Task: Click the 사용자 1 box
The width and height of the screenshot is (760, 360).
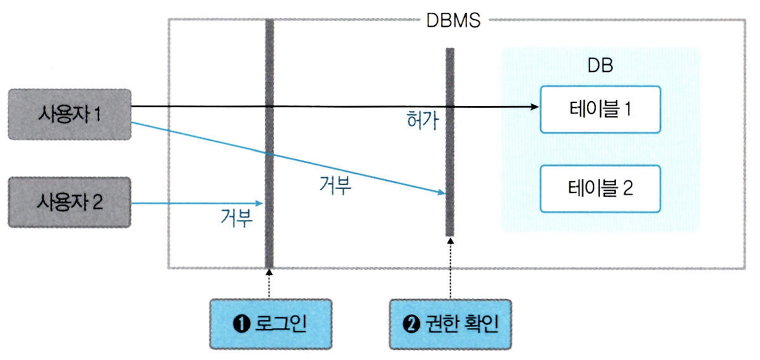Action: coord(70,114)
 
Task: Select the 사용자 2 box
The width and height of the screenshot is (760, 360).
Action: coord(70,202)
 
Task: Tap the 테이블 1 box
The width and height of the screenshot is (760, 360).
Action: coord(600,109)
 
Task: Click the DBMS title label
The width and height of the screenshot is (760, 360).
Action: coord(453,21)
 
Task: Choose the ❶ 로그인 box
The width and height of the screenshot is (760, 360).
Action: coord(271,324)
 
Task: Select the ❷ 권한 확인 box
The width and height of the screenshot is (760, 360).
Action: coord(450,324)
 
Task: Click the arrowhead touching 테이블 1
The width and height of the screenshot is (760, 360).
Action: coord(534,107)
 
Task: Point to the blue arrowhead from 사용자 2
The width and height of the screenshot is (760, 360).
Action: coord(260,203)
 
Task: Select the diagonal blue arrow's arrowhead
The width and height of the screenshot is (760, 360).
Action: coord(442,193)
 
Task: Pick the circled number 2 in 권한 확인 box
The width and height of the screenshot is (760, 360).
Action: coord(409,324)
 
